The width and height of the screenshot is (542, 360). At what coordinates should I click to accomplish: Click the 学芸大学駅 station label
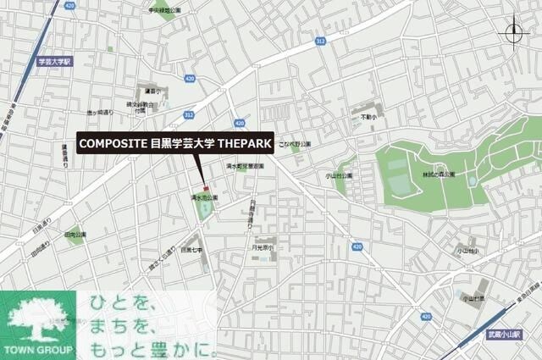point(56,62)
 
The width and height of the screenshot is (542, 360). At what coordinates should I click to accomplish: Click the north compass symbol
point(514,33)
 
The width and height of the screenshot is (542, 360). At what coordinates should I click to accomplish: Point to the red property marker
point(203,186)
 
